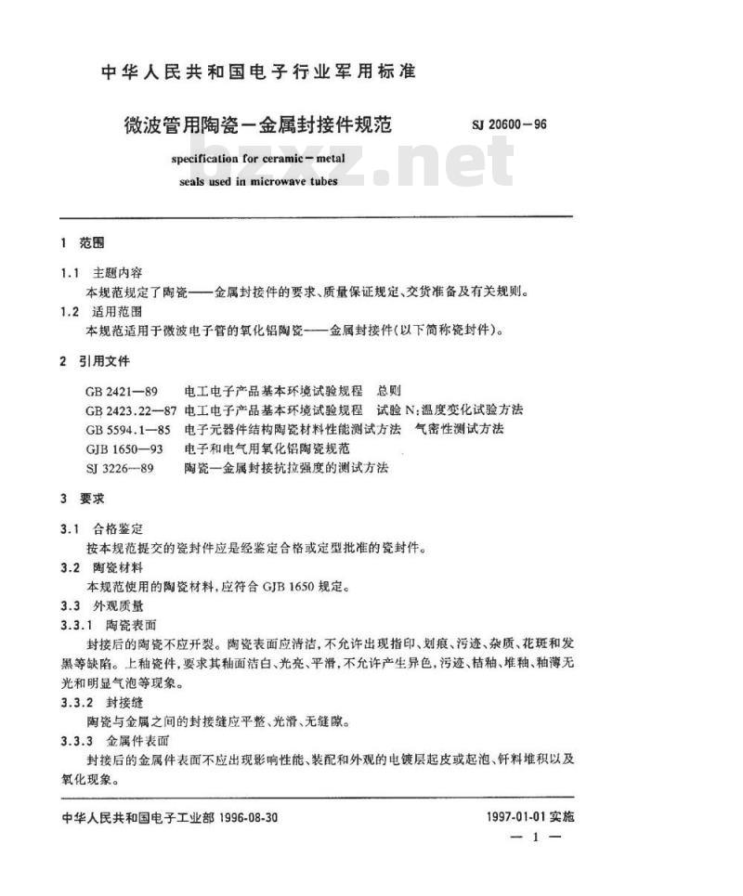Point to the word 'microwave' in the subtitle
[284, 181]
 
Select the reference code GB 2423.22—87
[132, 409]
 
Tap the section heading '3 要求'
[82, 499]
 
